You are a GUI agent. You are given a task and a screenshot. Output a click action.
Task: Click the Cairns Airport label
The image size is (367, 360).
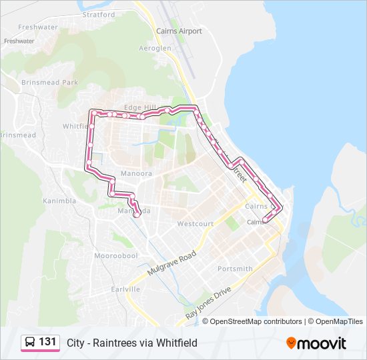(178, 31)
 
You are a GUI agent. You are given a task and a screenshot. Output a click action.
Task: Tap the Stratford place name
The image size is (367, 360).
(98, 14)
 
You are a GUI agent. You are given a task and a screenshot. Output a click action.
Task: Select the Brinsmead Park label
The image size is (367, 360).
(49, 83)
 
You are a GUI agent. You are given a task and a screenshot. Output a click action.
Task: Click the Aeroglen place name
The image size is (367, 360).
(155, 49)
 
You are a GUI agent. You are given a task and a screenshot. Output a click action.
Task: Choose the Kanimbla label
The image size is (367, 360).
(60, 201)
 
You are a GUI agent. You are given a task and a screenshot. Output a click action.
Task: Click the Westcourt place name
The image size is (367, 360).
(195, 224)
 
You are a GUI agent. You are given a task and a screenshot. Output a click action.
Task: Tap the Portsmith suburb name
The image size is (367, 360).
(235, 269)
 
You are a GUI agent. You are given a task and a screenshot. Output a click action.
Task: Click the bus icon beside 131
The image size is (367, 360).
(29, 343)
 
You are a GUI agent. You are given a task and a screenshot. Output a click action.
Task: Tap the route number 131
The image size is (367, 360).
(47, 343)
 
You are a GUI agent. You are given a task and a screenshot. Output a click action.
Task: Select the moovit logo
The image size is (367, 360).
(316, 343)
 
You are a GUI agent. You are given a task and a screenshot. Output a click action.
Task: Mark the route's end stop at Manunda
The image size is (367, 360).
(137, 215)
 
